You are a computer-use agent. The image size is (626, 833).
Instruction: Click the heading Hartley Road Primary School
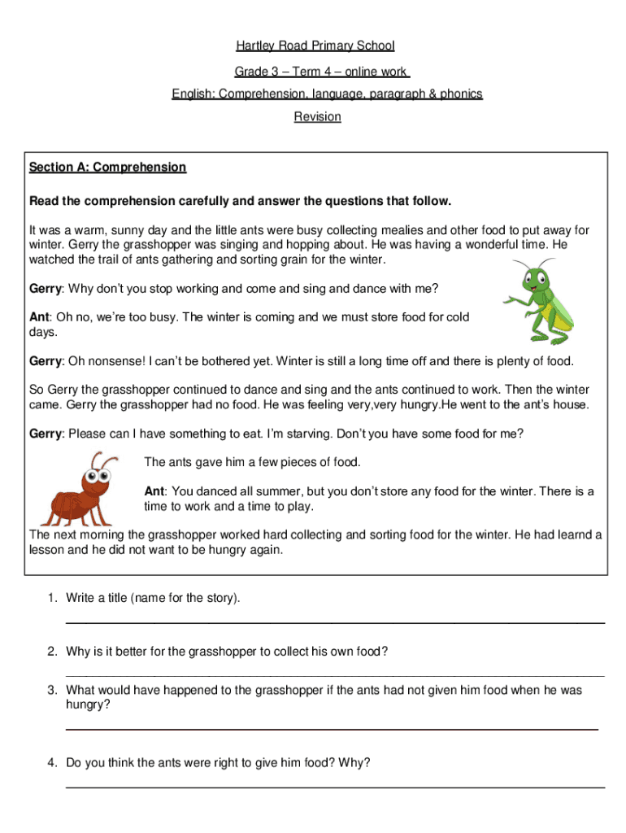tap(315, 46)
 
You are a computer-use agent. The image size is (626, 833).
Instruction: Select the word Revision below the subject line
tap(317, 116)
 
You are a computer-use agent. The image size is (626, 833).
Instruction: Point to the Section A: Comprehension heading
tap(107, 167)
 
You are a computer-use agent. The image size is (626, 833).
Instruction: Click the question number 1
tap(51, 599)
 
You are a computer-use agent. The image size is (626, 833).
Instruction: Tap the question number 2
tap(51, 652)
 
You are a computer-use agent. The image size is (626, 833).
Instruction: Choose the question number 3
tap(51, 690)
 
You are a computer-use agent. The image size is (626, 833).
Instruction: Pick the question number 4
tap(51, 762)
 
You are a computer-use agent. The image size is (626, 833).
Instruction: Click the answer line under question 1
tap(334, 622)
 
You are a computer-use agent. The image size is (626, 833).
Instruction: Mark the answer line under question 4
tap(334, 787)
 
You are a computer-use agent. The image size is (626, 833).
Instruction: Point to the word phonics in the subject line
tap(461, 94)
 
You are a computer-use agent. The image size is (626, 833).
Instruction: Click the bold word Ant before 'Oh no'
tap(40, 317)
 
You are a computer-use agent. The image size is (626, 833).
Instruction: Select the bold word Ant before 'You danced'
tap(154, 491)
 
